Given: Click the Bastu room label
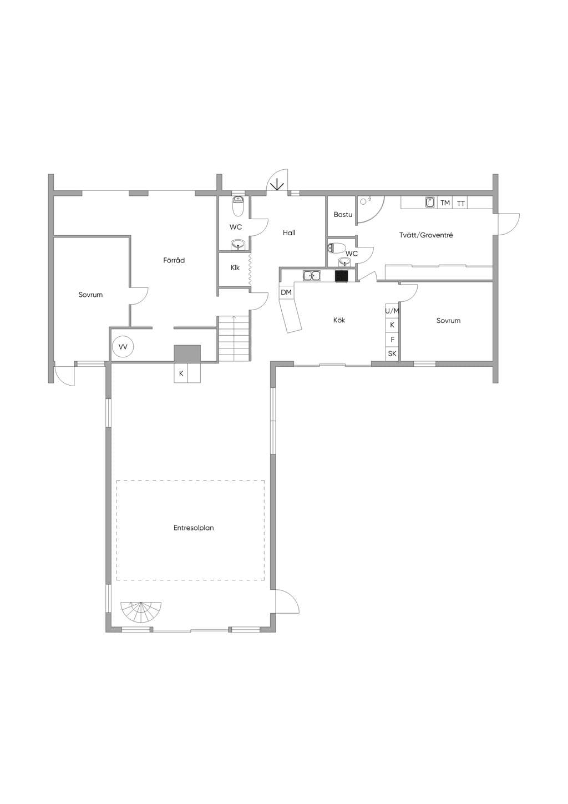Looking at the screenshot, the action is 343,215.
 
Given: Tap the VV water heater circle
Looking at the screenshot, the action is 123,347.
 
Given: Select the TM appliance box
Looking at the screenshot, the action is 445,203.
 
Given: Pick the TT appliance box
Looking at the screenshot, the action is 461,203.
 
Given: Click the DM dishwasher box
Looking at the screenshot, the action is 286,292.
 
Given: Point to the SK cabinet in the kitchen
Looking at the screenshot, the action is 392,353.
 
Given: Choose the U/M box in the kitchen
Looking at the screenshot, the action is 392,311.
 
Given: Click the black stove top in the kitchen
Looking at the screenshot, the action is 341,276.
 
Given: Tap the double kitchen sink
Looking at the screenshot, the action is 312,276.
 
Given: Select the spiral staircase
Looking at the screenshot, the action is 141,612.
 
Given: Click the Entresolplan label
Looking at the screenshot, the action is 194,528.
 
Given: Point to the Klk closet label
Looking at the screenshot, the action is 235,268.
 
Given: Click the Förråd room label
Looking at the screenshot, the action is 174,260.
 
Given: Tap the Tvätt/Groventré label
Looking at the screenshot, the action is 426,235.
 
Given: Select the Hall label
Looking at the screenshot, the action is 289,233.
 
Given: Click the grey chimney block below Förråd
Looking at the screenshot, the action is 187,354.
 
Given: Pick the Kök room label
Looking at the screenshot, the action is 339,320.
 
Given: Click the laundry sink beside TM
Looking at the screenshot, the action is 430,203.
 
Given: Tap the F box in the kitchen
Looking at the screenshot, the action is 392,339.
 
